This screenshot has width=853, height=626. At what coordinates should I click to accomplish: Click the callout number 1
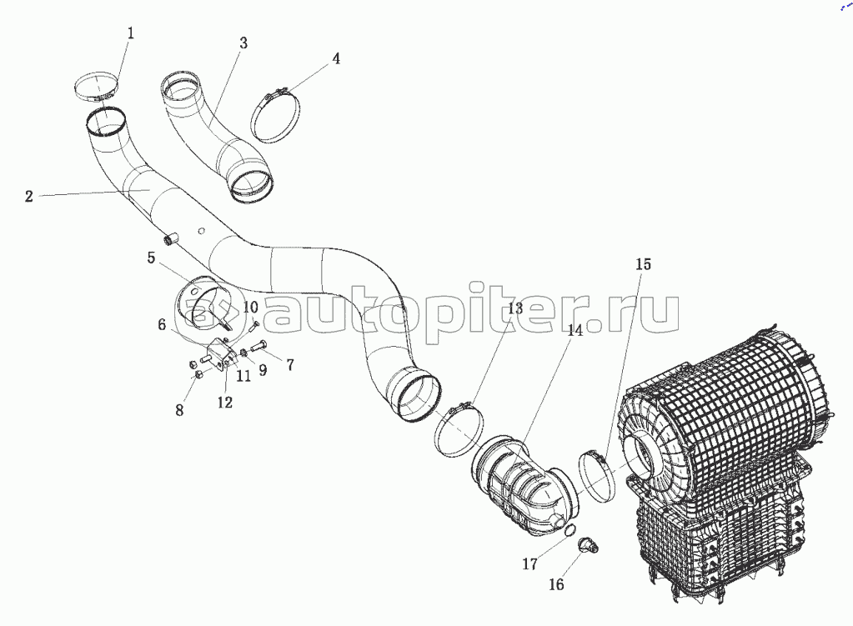tap(130, 33)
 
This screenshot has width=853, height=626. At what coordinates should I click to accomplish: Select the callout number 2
tap(29, 197)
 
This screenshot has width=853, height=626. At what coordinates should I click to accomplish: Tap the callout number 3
tap(243, 43)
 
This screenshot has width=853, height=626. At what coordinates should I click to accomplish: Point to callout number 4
tap(336, 58)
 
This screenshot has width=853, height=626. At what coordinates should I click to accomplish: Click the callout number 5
tap(151, 258)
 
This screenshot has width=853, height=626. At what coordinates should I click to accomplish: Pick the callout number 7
tap(290, 365)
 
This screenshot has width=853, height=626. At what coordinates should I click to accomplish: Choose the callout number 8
tap(179, 410)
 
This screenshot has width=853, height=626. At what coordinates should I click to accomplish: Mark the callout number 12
tap(224, 403)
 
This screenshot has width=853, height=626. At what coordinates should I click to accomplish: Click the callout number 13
tap(514, 309)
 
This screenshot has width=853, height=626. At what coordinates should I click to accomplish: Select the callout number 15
tap(643, 264)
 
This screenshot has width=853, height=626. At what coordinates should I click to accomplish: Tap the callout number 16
tap(556, 584)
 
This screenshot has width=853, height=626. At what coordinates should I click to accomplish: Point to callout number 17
tap(529, 564)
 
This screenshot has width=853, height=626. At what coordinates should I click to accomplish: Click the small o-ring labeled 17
tap(569, 530)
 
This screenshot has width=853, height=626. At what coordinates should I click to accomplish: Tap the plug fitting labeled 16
tap(588, 545)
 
